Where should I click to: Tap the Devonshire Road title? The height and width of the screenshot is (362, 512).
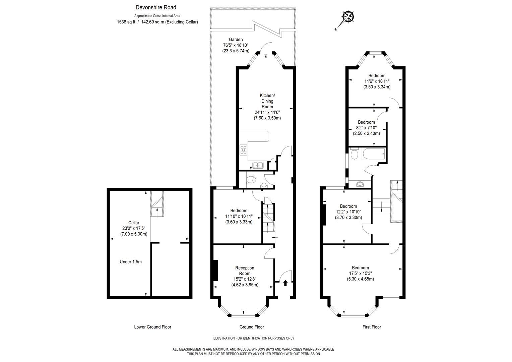tap(155, 7)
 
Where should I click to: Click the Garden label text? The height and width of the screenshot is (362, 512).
tap(236, 39)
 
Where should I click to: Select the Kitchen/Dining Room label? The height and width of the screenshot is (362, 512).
tap(267, 101)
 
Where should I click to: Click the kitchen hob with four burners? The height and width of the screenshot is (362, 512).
tap(244, 150)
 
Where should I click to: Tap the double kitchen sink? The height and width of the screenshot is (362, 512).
tap(258, 165)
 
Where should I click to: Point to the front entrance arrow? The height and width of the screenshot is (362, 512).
tap(285, 283)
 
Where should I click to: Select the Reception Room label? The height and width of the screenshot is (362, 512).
tap(245, 270)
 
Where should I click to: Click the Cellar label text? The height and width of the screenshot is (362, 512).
tap(134, 223)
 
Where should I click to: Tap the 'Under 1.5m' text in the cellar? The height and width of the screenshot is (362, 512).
tap(131, 262)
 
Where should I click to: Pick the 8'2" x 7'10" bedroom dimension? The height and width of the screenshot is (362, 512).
tap(366, 128)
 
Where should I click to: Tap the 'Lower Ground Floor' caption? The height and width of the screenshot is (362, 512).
tap(152, 327)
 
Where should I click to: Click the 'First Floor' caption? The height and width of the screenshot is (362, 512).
tap(372, 327)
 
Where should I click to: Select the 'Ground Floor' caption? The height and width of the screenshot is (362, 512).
tap(252, 327)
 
